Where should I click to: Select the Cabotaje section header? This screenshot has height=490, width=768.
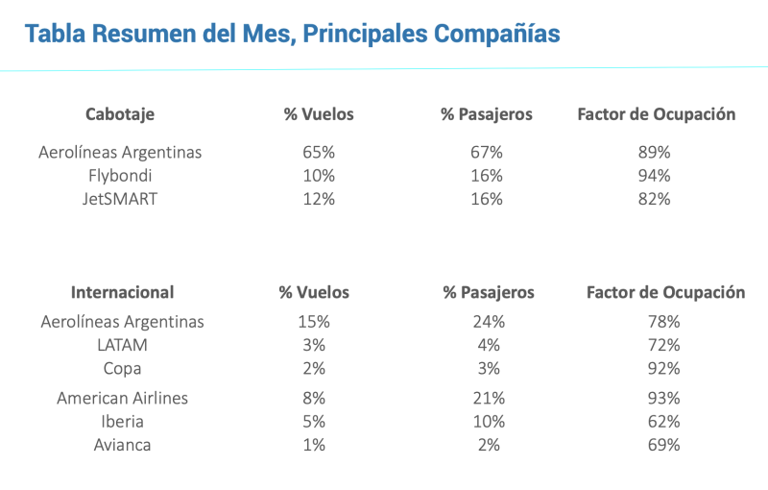tap(120, 114)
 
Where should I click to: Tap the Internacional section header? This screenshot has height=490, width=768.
tap(123, 292)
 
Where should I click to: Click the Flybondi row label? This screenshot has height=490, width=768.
tap(120, 176)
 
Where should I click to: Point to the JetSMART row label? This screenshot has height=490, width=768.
tap(120, 199)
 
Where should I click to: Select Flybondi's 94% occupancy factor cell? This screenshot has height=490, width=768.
tap(656, 176)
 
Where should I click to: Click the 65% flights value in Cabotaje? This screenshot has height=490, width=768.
tap(319, 152)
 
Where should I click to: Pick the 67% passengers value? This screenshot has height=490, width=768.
tap(487, 152)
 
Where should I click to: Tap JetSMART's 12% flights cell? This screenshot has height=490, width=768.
tap(319, 199)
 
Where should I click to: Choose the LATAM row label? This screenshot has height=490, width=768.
tap(123, 345)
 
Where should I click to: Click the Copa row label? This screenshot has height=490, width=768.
tap(123, 368)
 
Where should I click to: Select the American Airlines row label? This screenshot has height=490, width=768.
tap(123, 398)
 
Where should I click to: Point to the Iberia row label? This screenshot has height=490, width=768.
tap(123, 422)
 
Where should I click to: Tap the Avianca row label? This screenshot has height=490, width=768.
tap(123, 445)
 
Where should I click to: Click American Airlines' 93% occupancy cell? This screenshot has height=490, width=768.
tap(664, 398)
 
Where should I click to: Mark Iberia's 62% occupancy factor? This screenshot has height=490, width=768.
tap(664, 422)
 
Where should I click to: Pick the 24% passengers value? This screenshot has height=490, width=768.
tap(489, 322)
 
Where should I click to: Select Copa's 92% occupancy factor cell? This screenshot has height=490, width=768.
tap(664, 368)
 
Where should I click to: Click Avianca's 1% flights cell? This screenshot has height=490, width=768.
tap(314, 445)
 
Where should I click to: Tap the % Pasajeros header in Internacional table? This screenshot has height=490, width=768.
tap(489, 292)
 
